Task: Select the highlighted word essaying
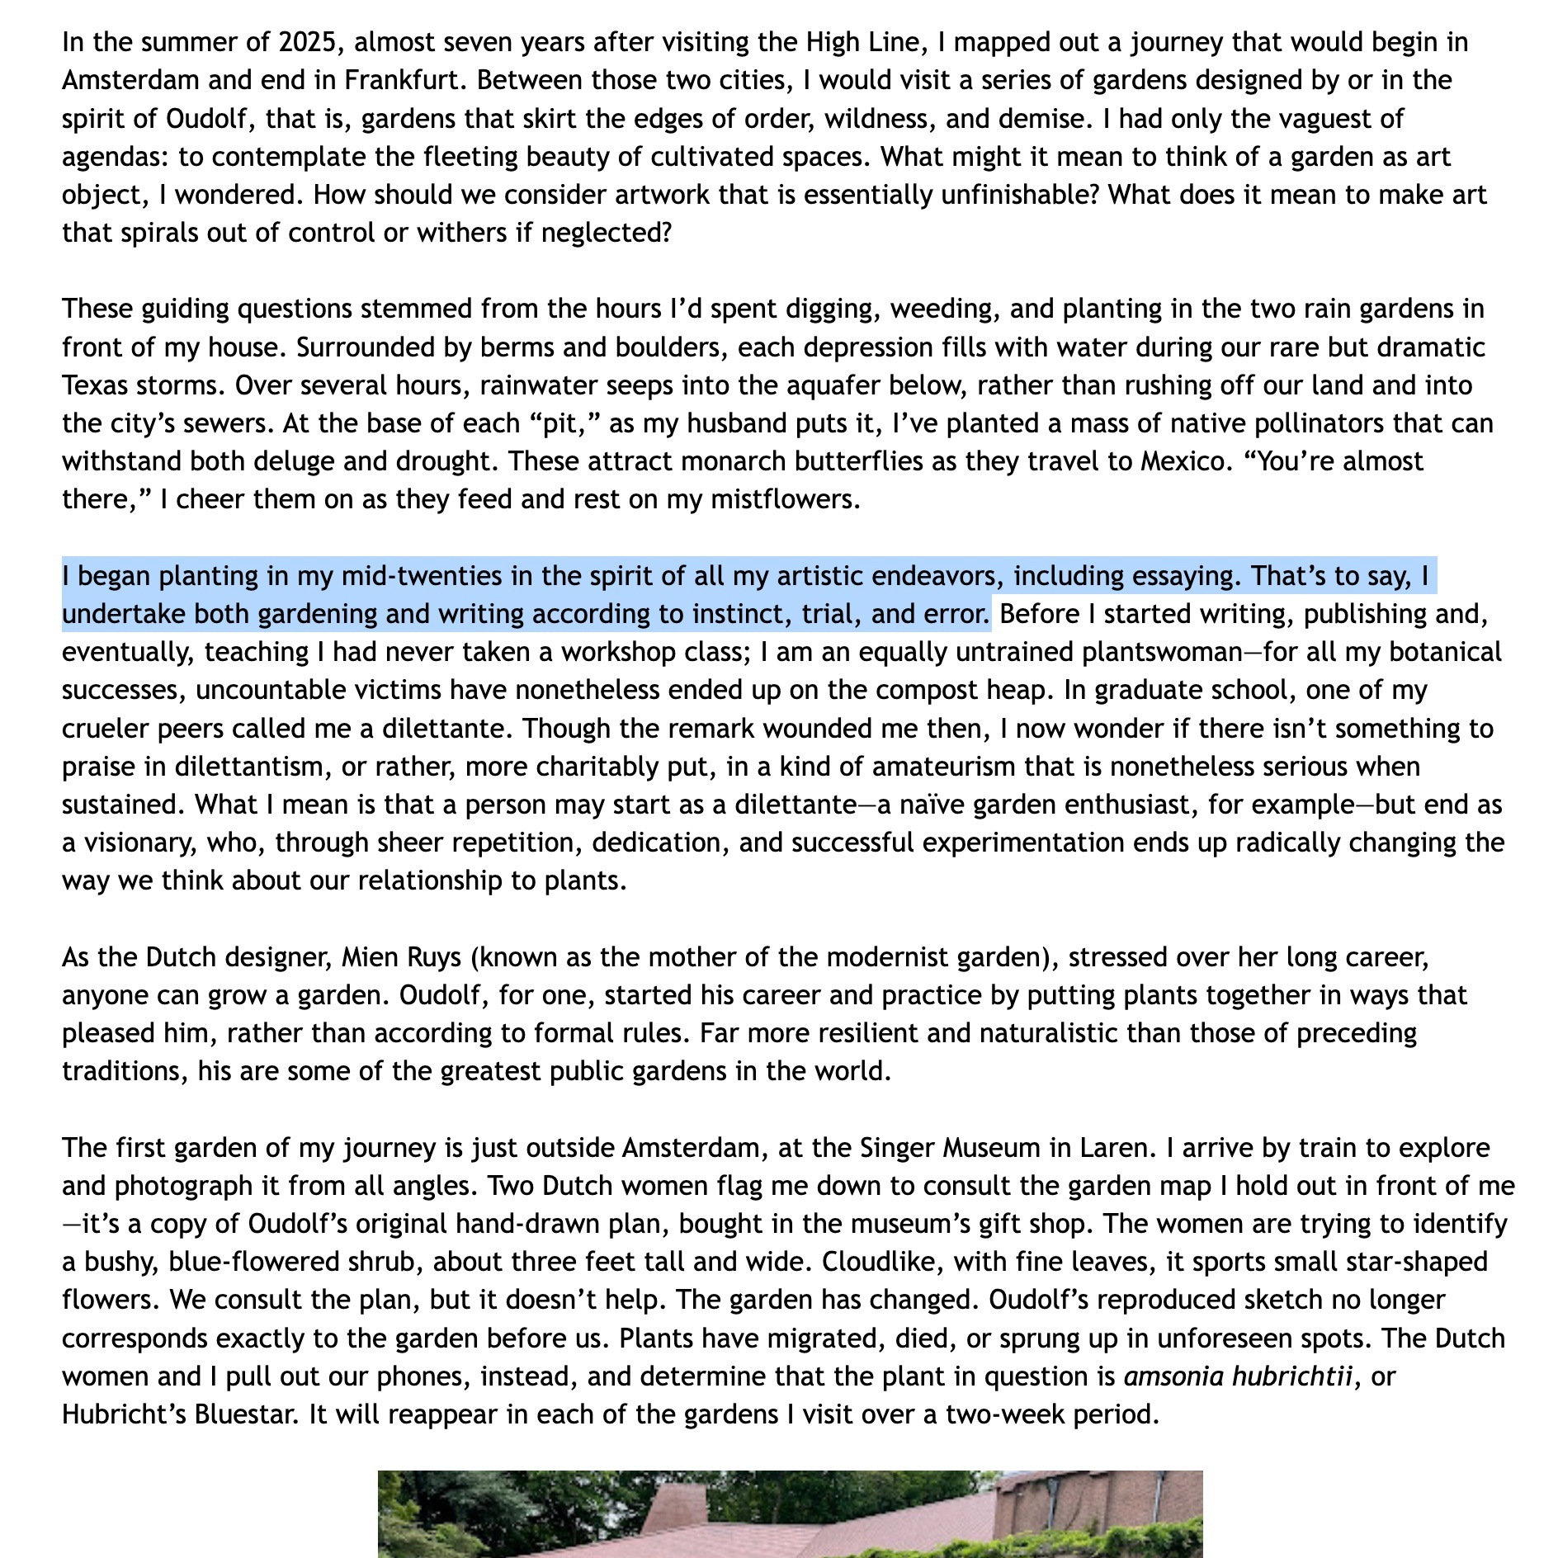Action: (1183, 576)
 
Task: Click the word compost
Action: (899, 690)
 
